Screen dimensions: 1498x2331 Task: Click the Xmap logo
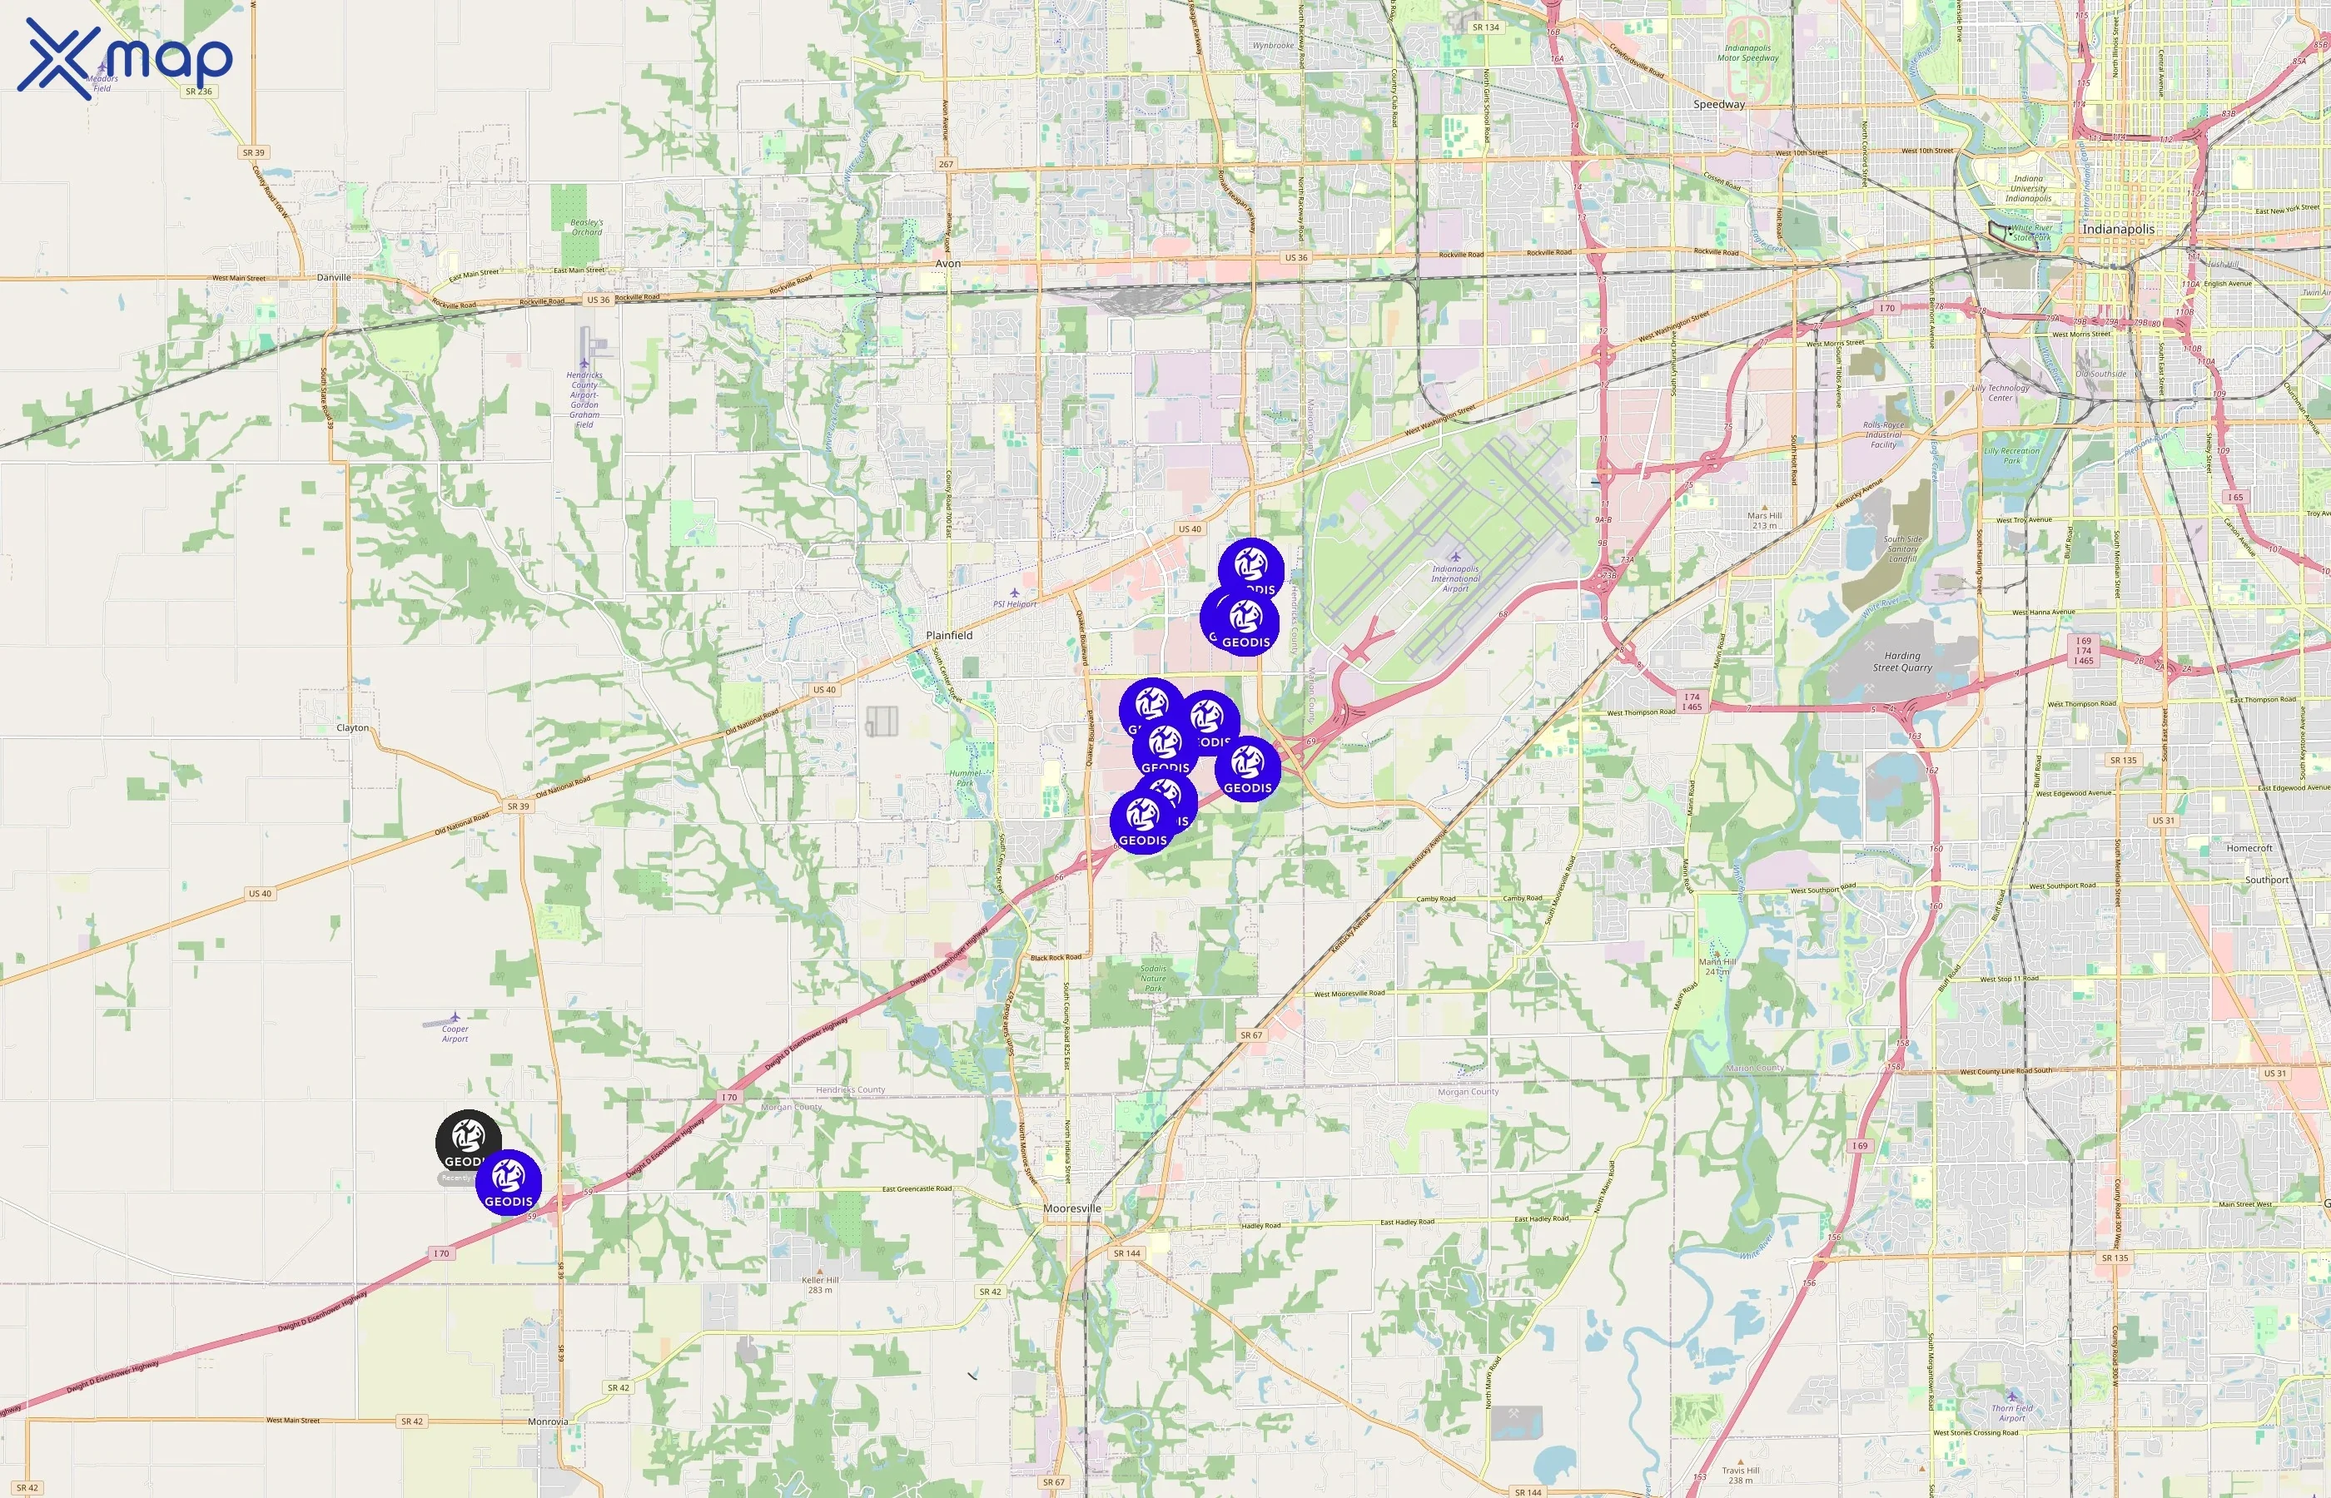tap(125, 58)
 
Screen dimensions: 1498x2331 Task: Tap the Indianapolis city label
tap(2117, 230)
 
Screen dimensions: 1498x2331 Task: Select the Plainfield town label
tap(948, 635)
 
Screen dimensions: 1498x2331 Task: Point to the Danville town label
tap(334, 277)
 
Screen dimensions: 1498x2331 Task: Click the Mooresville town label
tap(1072, 1208)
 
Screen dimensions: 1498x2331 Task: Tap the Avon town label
tap(947, 264)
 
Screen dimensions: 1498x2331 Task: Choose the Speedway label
tap(1719, 104)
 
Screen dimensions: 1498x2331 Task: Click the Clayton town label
tap(352, 727)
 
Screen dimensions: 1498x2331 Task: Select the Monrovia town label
tap(548, 1421)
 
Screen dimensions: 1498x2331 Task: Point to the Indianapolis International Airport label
tap(1454, 578)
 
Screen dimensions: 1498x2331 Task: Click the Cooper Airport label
tap(455, 1033)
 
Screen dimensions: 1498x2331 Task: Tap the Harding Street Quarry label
tap(1902, 662)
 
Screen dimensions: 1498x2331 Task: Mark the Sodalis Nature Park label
tap(1153, 979)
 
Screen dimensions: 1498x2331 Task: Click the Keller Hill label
tap(819, 1284)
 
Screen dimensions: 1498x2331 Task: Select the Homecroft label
tap(2249, 848)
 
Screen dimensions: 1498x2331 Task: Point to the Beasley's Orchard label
tap(587, 226)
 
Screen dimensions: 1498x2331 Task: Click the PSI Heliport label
tap(1015, 603)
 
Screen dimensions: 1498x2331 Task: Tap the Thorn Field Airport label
tap(2012, 1412)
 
